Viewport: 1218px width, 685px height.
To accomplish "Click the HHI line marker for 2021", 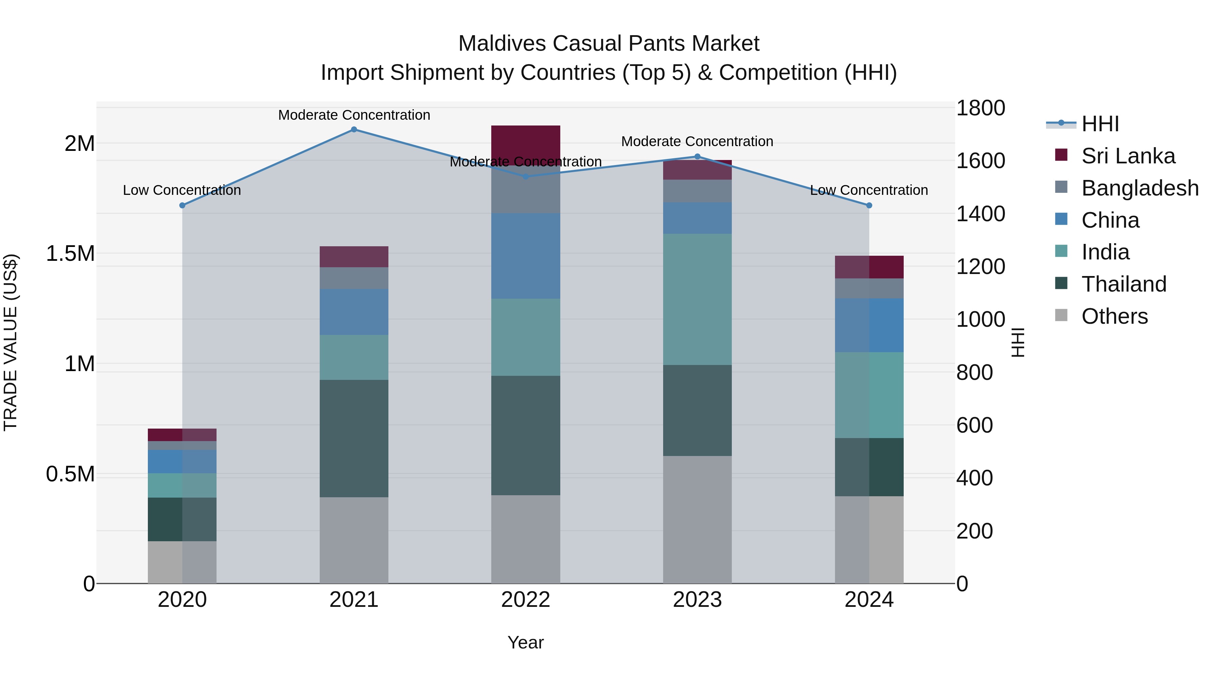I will (354, 130).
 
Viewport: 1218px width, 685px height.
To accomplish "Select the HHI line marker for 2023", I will (697, 157).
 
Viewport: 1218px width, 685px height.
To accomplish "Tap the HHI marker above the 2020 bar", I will (182, 205).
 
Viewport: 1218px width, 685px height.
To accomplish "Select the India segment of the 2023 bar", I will (697, 299).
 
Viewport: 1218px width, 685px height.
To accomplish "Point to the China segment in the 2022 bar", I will (525, 256).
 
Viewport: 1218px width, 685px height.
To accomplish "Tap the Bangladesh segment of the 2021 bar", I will (354, 278).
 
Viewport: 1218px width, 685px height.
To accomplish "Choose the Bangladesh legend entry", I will (1140, 188).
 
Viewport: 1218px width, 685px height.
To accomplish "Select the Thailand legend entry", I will (1123, 284).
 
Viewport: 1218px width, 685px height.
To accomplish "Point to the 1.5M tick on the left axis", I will (70, 254).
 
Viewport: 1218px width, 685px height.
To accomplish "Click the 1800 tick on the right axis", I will (980, 108).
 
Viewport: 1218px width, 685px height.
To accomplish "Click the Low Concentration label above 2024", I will (869, 190).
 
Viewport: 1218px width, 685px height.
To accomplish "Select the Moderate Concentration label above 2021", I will (354, 115).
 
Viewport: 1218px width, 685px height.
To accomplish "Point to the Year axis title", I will (525, 642).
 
